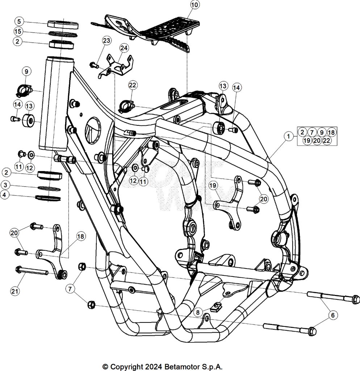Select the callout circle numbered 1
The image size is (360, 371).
point(288,136)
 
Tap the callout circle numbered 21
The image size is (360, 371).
point(14,291)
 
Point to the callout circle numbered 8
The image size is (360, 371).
point(198,312)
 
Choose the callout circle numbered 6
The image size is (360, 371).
point(333,315)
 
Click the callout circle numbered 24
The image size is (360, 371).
point(124,48)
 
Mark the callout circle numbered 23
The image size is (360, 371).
point(106,41)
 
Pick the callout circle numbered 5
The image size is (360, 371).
point(19,21)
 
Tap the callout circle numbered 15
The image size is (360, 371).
point(18,31)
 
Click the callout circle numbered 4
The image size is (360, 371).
point(4,195)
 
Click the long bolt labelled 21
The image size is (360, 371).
point(32,271)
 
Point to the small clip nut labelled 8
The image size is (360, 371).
point(216,307)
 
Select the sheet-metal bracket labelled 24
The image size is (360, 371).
point(116,67)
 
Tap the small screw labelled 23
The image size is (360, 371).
point(94,65)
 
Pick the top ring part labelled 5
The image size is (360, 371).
point(63,24)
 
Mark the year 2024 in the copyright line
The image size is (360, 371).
point(154,367)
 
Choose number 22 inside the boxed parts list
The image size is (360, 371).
point(326,141)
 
